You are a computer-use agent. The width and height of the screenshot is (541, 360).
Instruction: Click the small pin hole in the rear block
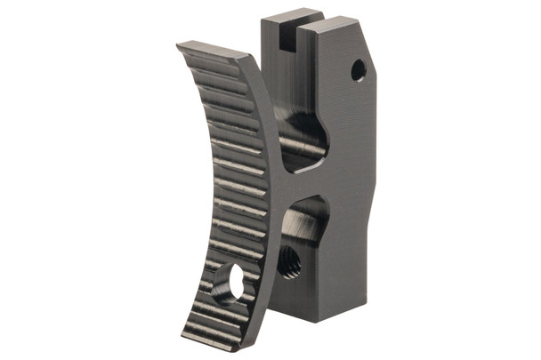pos(358,69)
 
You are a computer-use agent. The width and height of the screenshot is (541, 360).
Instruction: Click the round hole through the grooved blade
pos(237,283)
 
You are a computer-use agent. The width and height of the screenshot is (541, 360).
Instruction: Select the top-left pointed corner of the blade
pos(178,45)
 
